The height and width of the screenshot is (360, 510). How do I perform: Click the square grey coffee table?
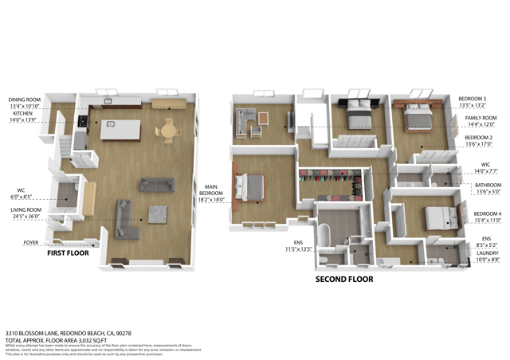[158, 214]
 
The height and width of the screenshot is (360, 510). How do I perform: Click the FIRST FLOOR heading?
[69, 252]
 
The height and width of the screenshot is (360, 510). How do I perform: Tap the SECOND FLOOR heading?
[343, 280]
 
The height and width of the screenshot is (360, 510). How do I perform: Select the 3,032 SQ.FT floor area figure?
[93, 319]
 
